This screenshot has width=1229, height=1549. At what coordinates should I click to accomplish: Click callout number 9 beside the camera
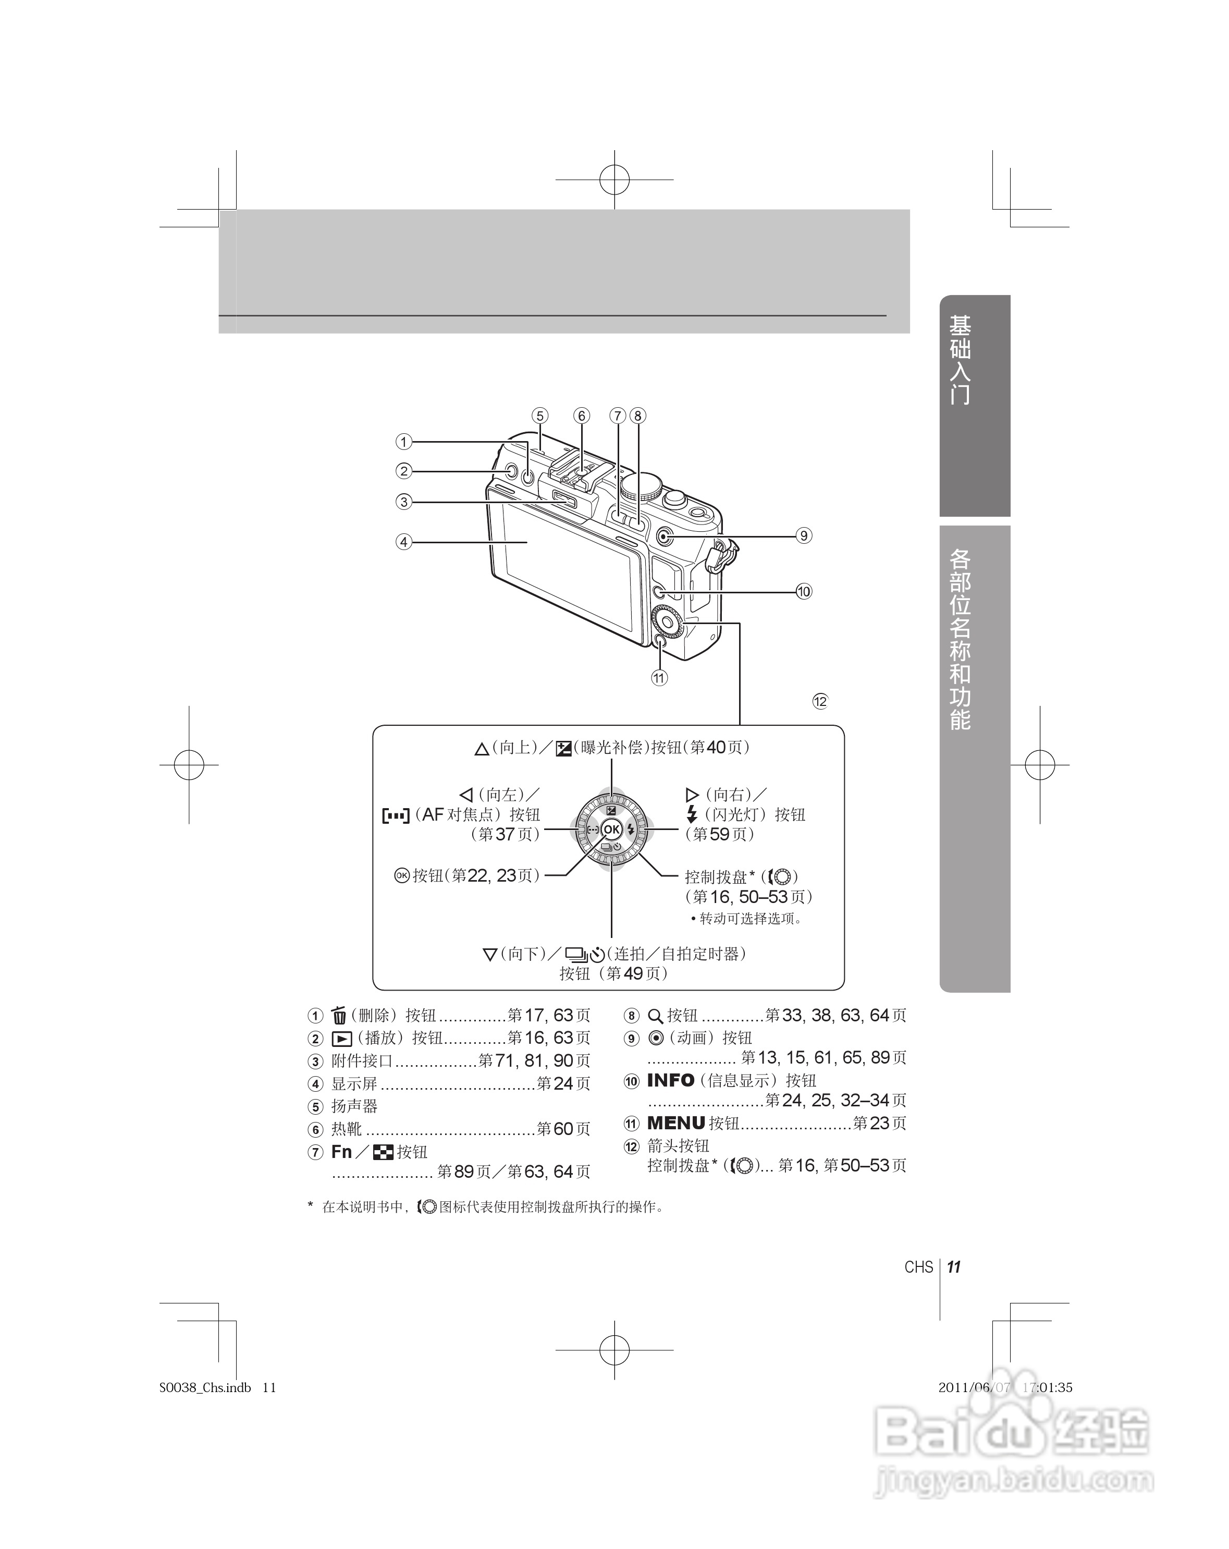[803, 535]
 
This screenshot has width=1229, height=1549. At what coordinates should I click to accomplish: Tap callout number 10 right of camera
[803, 591]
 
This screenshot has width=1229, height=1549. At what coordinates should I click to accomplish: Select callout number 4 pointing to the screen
[404, 542]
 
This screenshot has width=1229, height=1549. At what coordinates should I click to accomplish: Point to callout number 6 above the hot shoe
[581, 415]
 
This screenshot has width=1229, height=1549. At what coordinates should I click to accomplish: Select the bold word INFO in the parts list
[670, 1080]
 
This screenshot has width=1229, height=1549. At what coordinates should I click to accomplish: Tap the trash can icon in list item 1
[339, 1015]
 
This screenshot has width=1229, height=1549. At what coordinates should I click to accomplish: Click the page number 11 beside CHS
[954, 1266]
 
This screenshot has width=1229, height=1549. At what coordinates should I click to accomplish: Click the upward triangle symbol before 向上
[481, 749]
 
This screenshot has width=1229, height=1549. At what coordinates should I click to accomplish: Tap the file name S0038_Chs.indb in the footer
[205, 1387]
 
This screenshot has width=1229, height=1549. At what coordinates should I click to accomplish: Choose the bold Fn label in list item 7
[341, 1152]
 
